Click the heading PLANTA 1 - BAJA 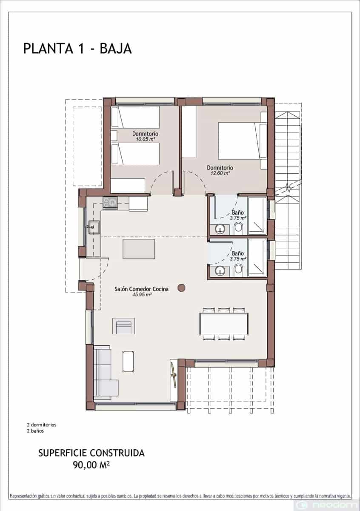[x=77, y=48]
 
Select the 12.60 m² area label [x=220, y=173]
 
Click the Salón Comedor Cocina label [x=141, y=289]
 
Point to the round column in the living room [x=181, y=288]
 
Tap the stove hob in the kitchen [x=110, y=203]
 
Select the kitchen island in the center [x=139, y=249]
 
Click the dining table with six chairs [x=224, y=324]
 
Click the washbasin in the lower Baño [x=220, y=270]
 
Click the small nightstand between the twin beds [x=114, y=135]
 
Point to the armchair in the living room [x=123, y=326]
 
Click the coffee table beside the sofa [x=129, y=361]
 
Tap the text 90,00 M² [x=91, y=464]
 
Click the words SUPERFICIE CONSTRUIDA [x=91, y=453]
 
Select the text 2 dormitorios [x=41, y=425]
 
